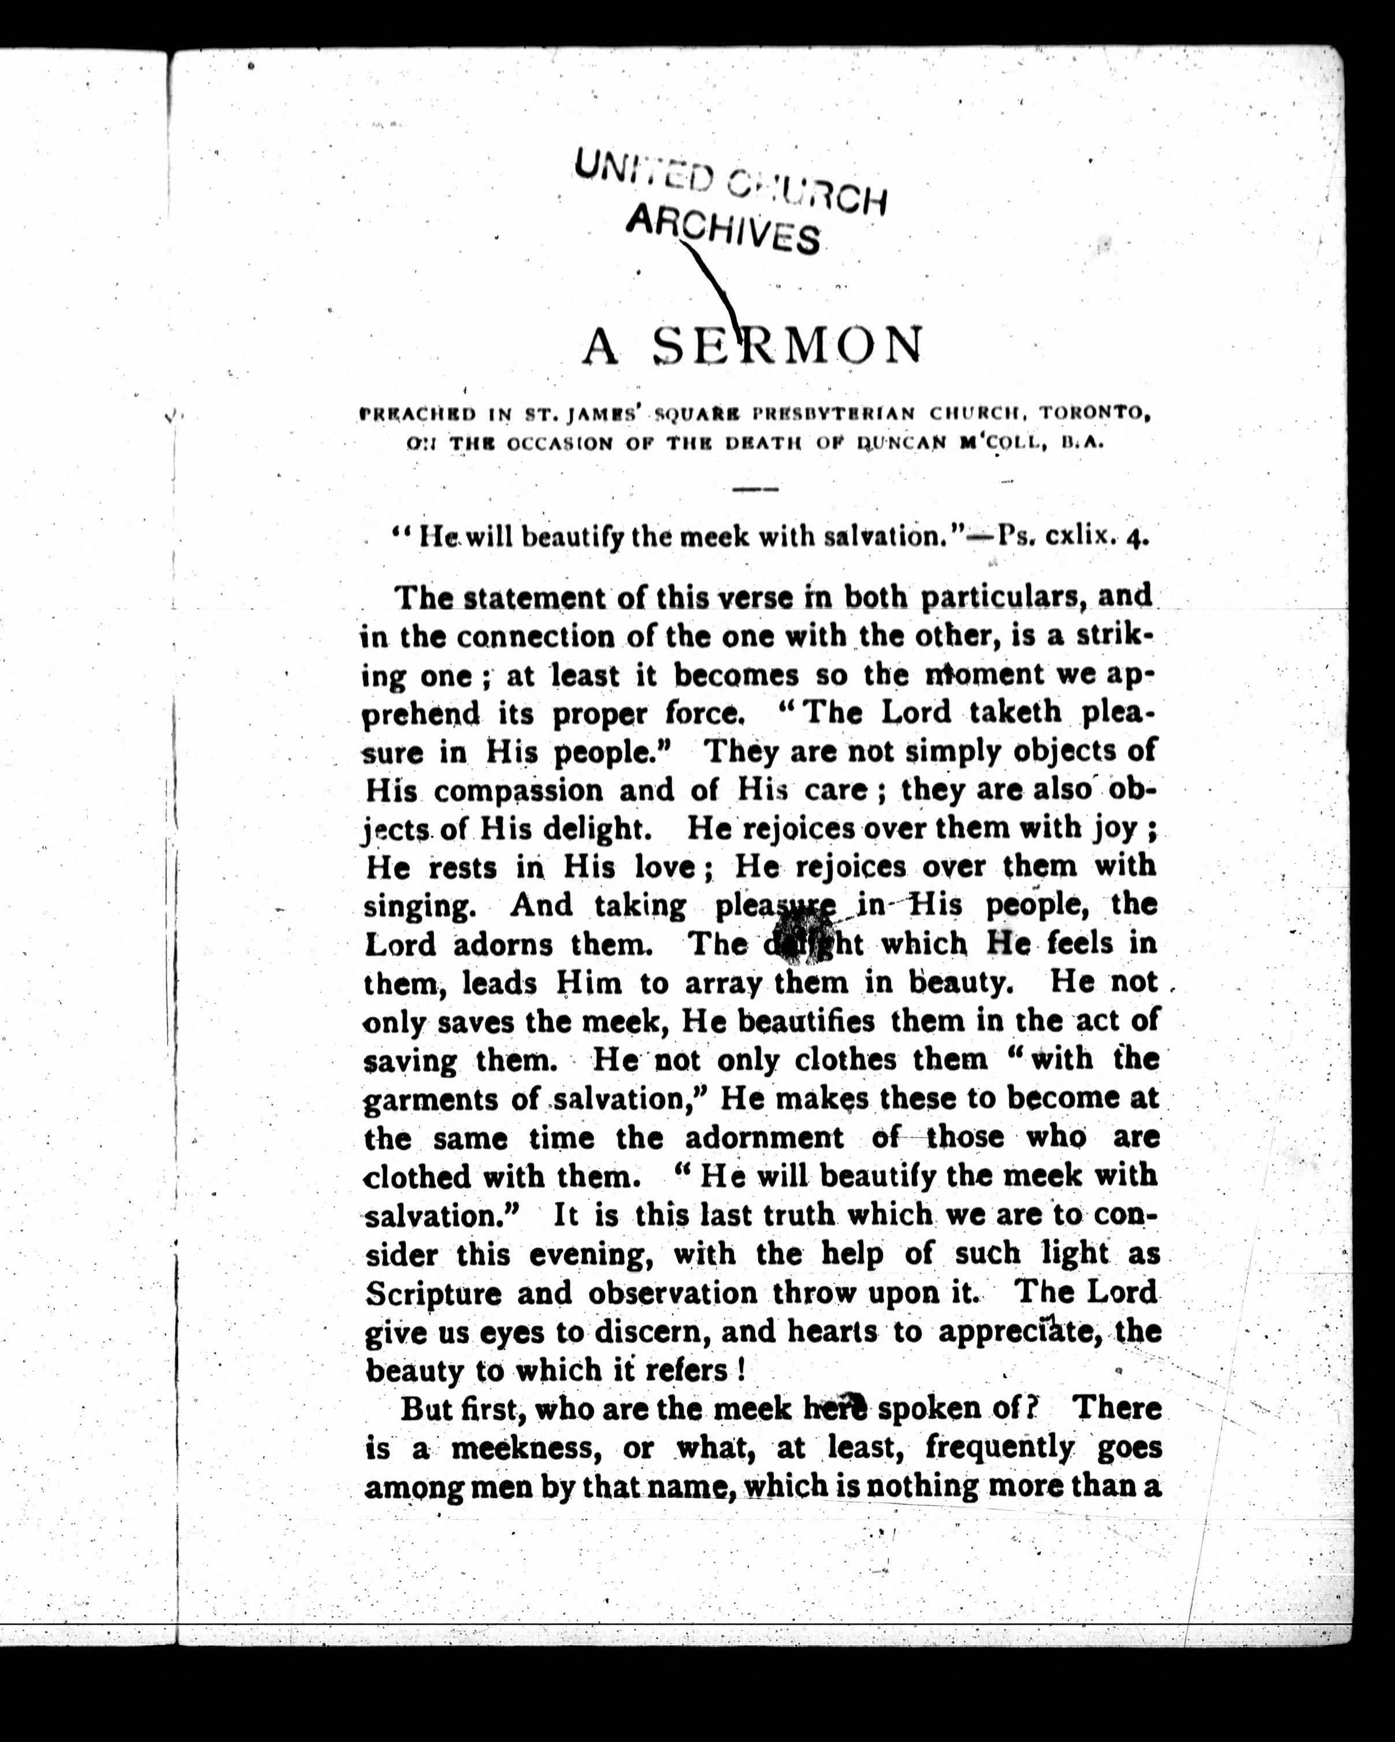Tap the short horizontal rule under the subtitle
(754, 489)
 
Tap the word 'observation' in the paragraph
(673, 1293)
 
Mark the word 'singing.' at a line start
(418, 907)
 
